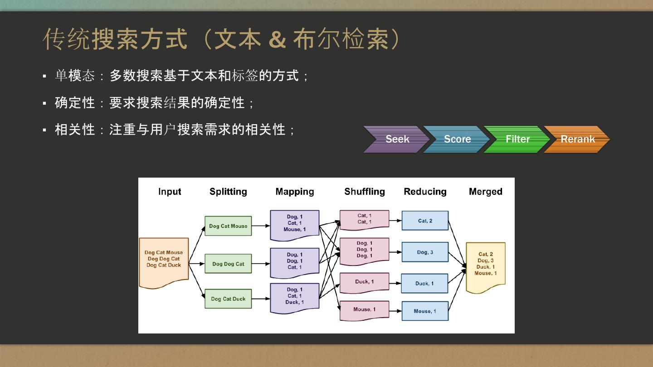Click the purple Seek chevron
(x=395, y=139)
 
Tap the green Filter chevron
(x=517, y=139)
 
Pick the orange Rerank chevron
(x=577, y=139)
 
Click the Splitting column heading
(x=228, y=192)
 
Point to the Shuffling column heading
(x=364, y=192)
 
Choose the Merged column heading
(x=485, y=192)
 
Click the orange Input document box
(x=164, y=262)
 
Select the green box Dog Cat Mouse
(x=228, y=226)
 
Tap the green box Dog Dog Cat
(x=228, y=264)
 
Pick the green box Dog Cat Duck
(x=228, y=299)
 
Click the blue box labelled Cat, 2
(x=425, y=221)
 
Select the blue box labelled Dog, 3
(x=425, y=252)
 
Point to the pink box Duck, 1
(x=364, y=282)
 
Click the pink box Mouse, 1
(x=364, y=310)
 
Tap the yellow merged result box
(x=485, y=266)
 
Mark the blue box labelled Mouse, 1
(x=425, y=311)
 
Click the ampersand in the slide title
(x=277, y=39)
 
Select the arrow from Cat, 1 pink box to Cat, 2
(x=395, y=221)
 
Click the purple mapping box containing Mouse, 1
(x=294, y=224)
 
